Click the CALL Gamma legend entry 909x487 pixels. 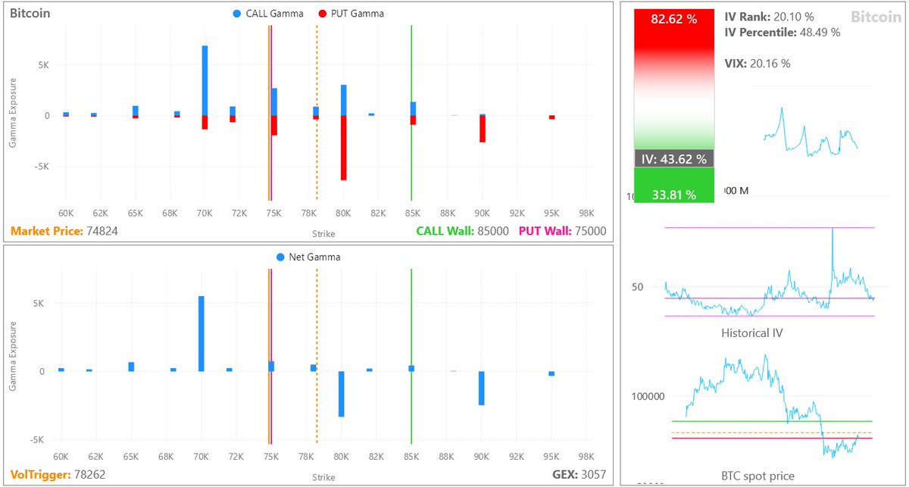(x=268, y=14)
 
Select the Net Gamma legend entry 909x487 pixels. (x=308, y=257)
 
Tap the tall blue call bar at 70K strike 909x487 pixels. (x=205, y=80)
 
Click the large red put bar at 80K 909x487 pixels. (x=343, y=148)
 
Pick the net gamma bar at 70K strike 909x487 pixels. (x=201, y=333)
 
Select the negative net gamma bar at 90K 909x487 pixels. (x=481, y=388)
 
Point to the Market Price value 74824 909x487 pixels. (x=102, y=231)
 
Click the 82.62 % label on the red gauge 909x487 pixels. (x=673, y=20)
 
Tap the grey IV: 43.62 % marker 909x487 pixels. (x=673, y=159)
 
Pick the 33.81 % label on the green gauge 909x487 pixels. (x=673, y=195)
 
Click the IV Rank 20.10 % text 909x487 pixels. (x=769, y=17)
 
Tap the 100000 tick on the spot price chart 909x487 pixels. (x=648, y=396)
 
